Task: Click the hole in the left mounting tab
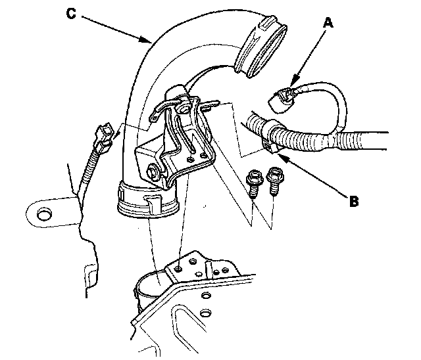point(44,213)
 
